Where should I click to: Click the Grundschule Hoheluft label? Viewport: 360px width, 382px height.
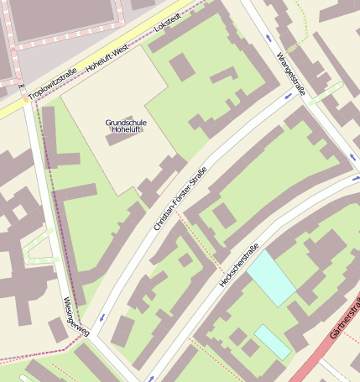click(126, 126)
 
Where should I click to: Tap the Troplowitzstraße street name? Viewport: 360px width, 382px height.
click(52, 85)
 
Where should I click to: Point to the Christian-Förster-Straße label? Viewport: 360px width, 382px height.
click(180, 199)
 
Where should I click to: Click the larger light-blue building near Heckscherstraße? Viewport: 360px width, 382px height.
click(271, 277)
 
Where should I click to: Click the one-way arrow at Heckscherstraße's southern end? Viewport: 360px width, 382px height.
click(152, 379)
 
